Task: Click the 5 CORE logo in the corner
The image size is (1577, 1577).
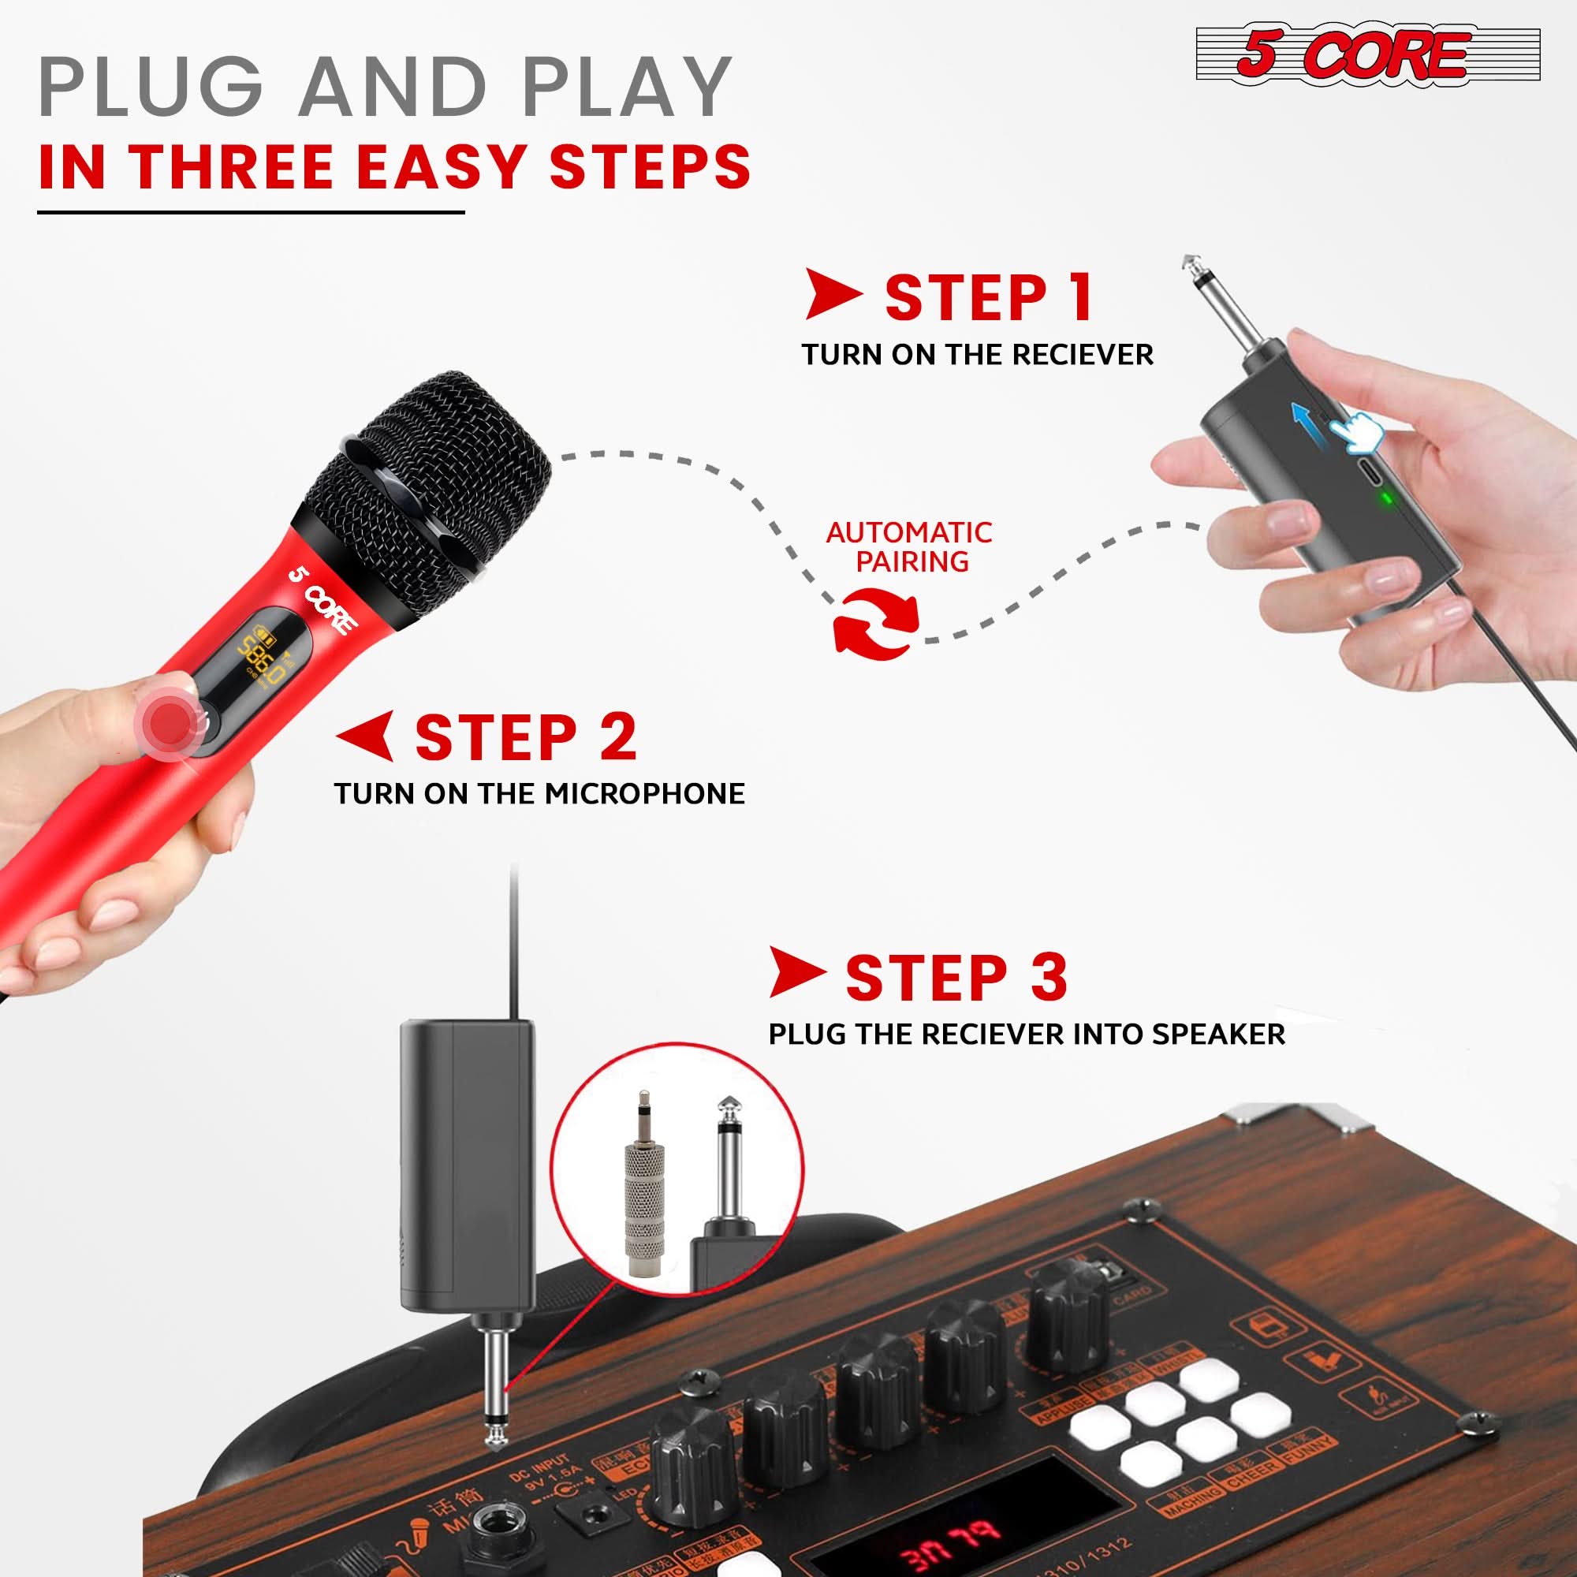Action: coord(1367,54)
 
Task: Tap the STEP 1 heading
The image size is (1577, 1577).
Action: coord(989,298)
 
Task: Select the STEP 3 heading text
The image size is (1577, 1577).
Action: coord(956,978)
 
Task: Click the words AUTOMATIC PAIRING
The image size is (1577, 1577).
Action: coord(909,547)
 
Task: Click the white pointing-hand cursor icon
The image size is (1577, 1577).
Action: coord(1355,433)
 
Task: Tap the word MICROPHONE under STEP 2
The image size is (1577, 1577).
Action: coord(644,793)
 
